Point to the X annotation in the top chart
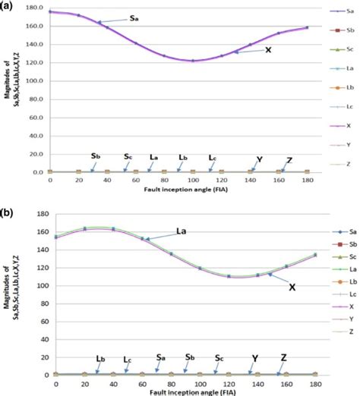[x=268, y=49]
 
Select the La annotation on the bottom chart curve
[x=182, y=231]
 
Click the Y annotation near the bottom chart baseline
[x=255, y=358]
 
